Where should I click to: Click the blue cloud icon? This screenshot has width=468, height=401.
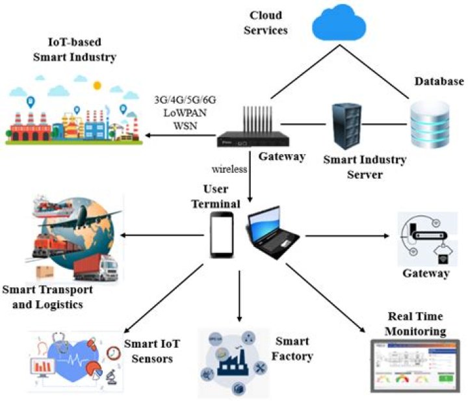click(340, 23)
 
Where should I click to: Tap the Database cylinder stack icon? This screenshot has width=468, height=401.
click(429, 124)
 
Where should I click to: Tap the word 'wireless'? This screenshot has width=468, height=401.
click(229, 169)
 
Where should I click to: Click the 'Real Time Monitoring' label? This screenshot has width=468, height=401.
click(415, 323)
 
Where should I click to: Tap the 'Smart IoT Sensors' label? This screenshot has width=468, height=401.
click(151, 350)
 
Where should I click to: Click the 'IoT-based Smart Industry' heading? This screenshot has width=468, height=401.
click(75, 50)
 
